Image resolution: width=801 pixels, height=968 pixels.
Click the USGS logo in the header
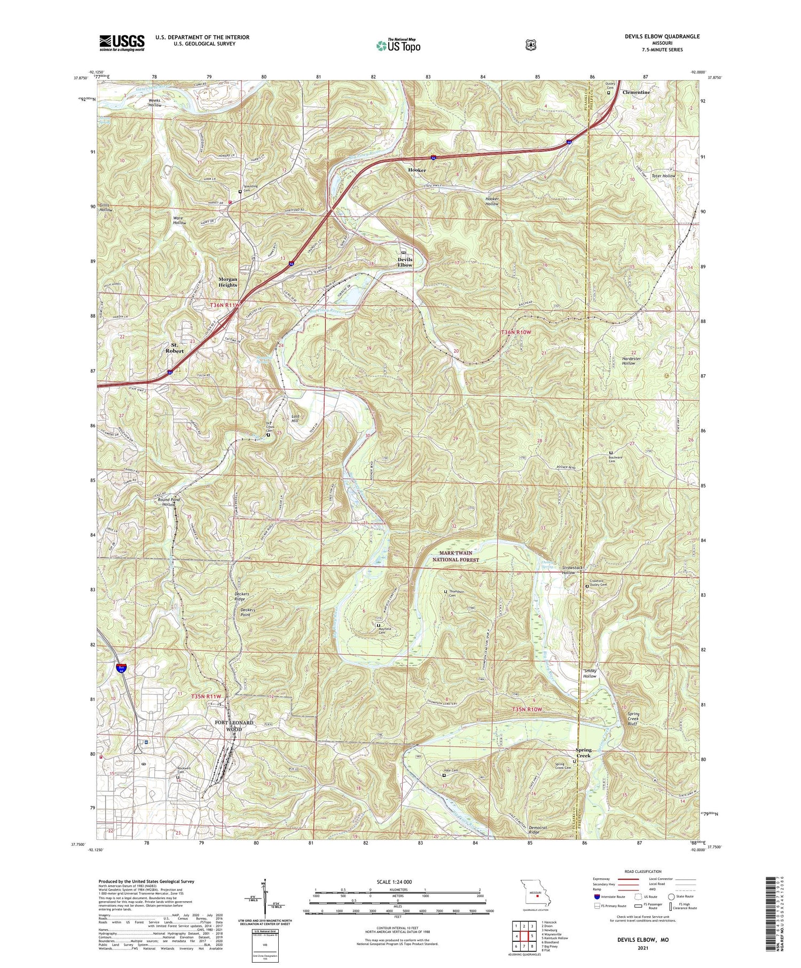coord(122,43)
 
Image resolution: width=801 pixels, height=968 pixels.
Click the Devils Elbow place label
coord(405,262)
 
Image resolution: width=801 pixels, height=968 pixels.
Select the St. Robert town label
coord(174,348)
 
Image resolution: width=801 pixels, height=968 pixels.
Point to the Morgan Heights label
coord(227,282)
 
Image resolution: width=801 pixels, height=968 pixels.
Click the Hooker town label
coord(417,170)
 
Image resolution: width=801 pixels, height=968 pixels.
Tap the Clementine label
coord(636,92)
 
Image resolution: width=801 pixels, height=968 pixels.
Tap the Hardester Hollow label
coord(631,361)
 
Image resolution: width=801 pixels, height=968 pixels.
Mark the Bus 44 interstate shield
coord(122,668)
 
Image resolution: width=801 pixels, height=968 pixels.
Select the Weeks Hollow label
coord(155,103)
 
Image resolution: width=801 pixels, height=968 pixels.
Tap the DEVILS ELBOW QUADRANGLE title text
coord(662,36)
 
